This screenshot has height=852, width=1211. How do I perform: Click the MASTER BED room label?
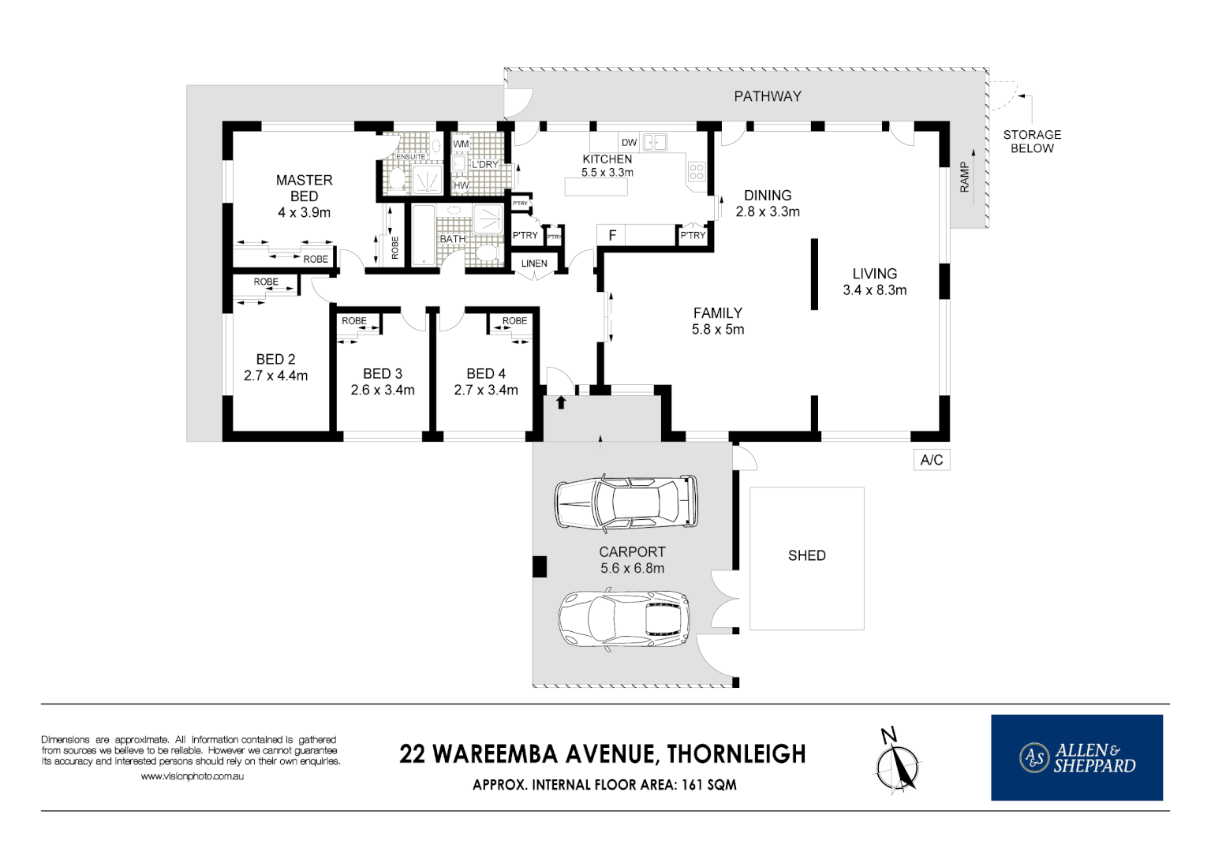(x=304, y=189)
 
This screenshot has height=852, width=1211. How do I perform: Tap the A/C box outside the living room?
(x=931, y=460)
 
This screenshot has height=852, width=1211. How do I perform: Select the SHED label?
(x=806, y=555)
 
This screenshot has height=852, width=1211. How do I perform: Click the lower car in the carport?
(x=624, y=618)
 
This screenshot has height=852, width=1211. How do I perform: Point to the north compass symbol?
(x=897, y=761)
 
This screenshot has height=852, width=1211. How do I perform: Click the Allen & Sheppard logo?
(x=1076, y=757)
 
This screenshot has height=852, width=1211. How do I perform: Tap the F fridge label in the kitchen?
(x=612, y=235)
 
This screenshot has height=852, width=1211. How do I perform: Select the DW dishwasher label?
(x=629, y=143)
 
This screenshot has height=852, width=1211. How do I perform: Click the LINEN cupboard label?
(x=534, y=263)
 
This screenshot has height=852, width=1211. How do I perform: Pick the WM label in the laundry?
(x=461, y=144)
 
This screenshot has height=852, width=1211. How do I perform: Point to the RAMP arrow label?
(x=964, y=177)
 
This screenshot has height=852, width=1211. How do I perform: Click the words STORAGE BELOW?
(x=1032, y=141)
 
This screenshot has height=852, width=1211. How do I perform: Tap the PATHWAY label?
(x=767, y=96)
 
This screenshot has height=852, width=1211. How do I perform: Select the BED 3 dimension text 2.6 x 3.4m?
(x=383, y=390)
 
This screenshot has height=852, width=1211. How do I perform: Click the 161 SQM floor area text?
(x=708, y=785)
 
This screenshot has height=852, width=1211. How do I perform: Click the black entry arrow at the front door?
(x=561, y=403)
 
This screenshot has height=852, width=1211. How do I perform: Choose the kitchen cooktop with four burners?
(x=696, y=171)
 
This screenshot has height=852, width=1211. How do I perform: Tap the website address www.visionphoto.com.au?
(x=192, y=776)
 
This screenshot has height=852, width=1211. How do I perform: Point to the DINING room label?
(x=767, y=195)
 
